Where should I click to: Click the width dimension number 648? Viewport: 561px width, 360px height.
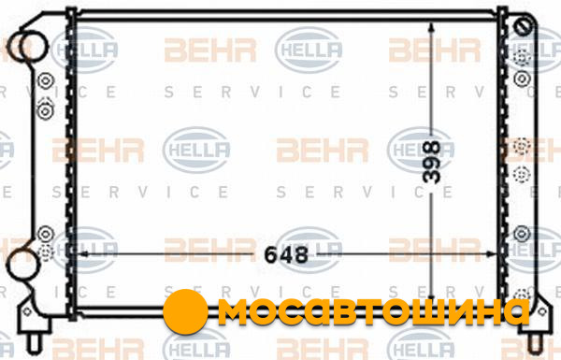286,254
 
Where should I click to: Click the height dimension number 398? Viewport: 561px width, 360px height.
431,162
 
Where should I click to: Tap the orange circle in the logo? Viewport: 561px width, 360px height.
185,311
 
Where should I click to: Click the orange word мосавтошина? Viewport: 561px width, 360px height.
374,311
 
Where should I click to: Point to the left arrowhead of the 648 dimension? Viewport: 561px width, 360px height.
82,253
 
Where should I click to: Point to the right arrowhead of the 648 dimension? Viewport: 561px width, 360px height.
492,254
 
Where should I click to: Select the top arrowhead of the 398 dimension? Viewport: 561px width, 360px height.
431,27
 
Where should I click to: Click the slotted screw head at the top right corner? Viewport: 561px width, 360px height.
523,26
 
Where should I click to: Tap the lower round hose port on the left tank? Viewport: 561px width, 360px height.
22,265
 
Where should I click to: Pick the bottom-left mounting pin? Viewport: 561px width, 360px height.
35,343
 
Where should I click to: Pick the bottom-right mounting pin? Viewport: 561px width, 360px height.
535,343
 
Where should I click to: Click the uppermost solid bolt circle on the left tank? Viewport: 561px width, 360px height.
46,81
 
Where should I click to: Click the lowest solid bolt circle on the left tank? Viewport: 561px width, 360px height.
46,235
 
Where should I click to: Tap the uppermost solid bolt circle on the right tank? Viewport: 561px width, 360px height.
522,79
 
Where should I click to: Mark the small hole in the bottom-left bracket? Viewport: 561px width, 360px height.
27,311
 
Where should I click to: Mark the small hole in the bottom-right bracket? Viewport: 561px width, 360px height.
541,311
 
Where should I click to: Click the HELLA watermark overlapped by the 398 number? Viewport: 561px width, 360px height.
421,150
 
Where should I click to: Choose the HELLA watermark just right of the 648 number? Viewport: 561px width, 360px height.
309,250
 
